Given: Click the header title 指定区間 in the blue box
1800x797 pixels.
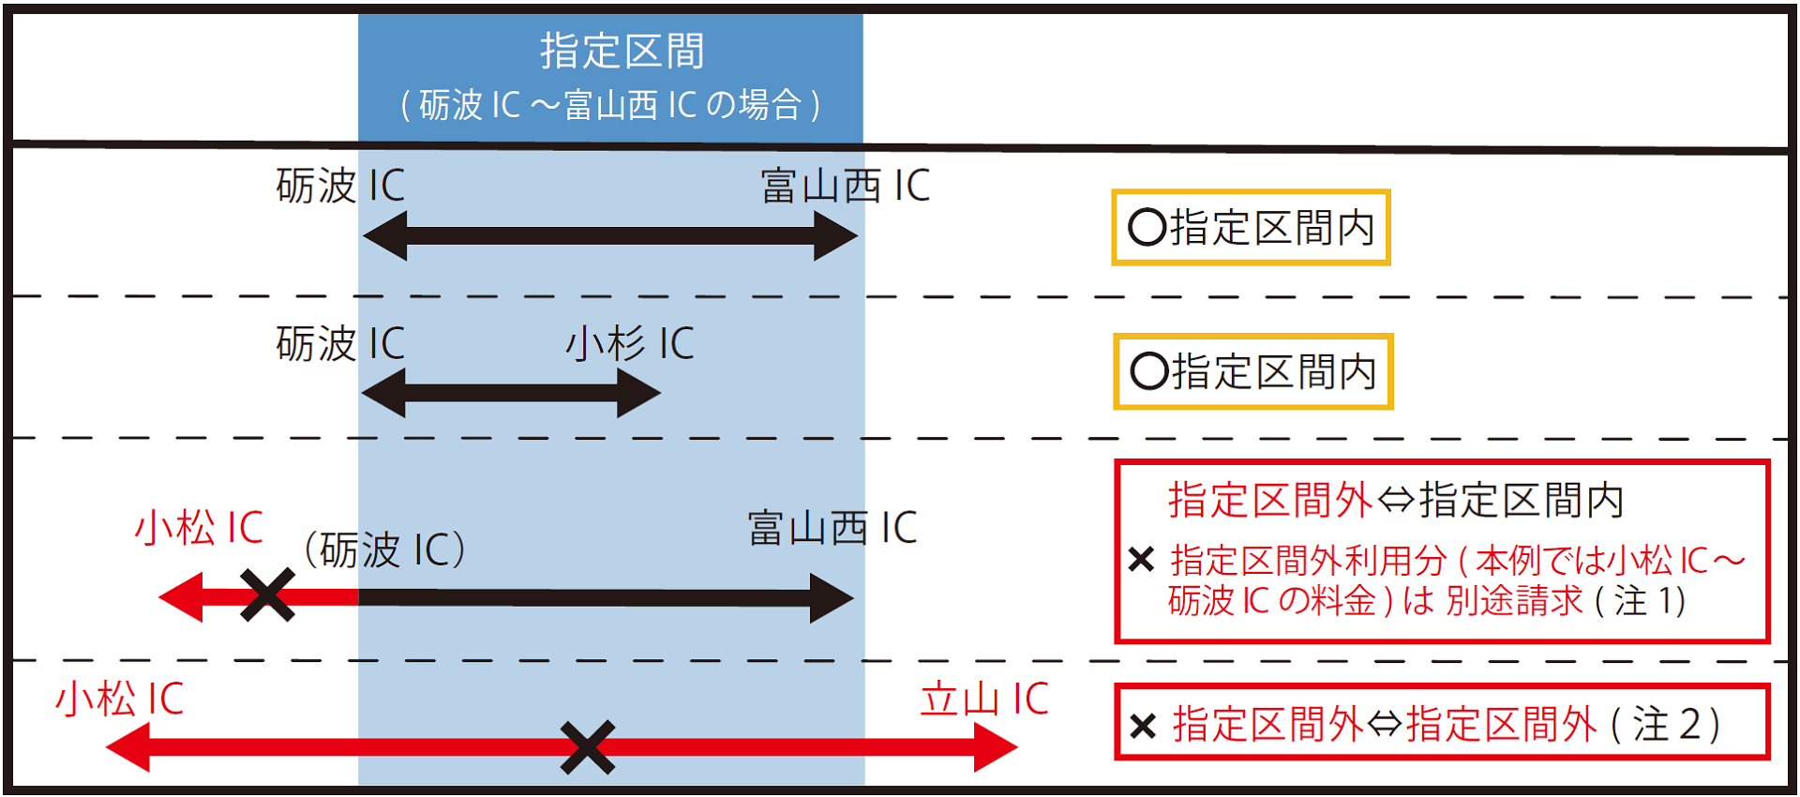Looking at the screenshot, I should coord(622,51).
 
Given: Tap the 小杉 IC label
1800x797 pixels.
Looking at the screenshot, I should coord(629,343).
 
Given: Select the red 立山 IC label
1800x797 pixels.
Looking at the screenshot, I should coord(984,699).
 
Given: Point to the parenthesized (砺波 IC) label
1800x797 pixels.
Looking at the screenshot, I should coord(385,549).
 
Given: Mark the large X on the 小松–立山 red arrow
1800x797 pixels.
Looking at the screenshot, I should coord(588,747).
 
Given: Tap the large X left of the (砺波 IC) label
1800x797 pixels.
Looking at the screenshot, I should coord(267,595).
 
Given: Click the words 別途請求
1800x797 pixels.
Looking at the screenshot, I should coord(1513,601).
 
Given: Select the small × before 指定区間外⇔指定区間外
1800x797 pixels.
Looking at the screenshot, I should coord(1143,726).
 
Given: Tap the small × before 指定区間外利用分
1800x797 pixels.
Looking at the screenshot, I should coord(1141,560).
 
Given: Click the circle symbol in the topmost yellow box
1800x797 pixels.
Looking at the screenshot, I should coord(1147,228).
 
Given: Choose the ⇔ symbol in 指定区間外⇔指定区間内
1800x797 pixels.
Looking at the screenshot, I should coord(1396,500).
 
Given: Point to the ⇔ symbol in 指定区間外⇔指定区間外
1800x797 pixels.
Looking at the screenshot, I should coord(1385,725).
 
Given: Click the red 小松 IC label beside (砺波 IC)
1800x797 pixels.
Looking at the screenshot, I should coord(199,528).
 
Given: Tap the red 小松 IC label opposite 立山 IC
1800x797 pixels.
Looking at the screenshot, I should coord(119,699).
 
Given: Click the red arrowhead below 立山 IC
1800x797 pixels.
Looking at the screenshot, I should coord(996,747).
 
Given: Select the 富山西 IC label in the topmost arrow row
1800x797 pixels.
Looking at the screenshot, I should coord(845,186).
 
